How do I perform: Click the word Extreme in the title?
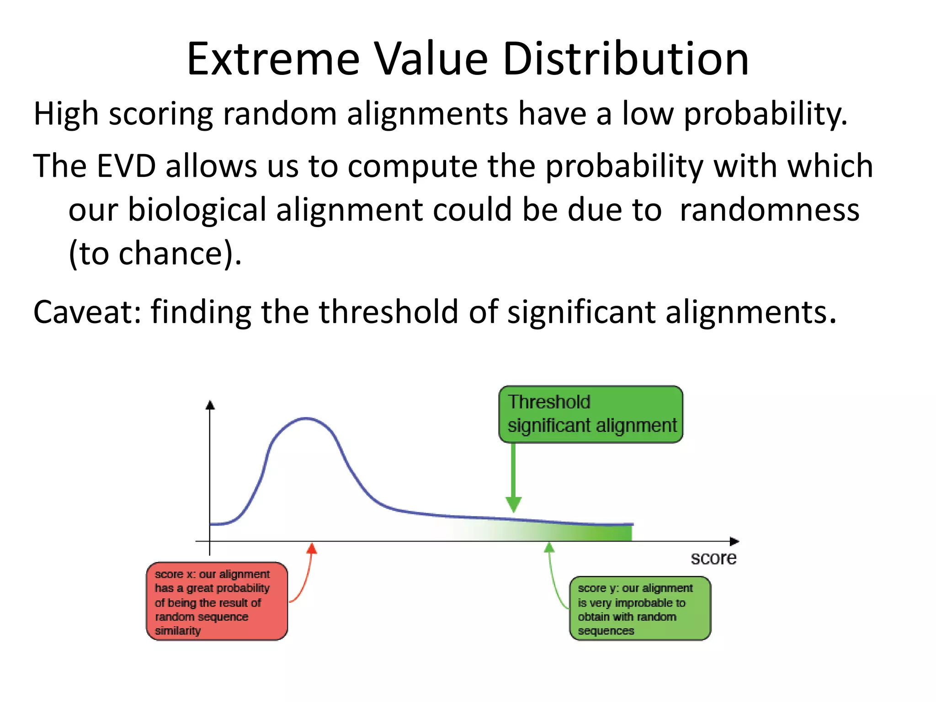coord(273,59)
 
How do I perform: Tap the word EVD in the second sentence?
coord(126,166)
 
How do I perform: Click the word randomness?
coord(769,210)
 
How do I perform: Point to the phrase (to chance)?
coord(154,254)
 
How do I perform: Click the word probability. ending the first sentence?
coord(765,114)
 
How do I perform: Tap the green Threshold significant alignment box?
coord(590,414)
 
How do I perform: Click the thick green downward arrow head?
coord(513,504)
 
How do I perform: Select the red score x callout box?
coord(217,601)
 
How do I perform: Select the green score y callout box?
coord(640,608)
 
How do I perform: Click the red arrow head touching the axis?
coord(312,548)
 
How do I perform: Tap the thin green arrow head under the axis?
coord(549,548)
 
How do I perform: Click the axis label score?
coord(713,558)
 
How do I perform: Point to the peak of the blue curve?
coord(307,418)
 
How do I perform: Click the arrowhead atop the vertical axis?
coord(210,404)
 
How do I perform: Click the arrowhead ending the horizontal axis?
coord(734,541)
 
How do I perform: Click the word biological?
coord(197,210)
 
